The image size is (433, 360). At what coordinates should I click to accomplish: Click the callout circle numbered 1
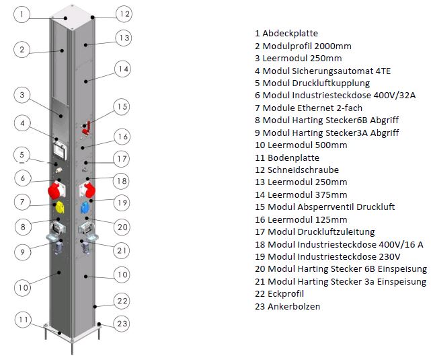[22, 14]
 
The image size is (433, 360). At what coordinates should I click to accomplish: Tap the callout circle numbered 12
[124, 14]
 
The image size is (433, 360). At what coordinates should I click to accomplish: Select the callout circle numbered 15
[122, 107]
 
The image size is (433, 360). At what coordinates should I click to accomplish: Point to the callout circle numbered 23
[122, 324]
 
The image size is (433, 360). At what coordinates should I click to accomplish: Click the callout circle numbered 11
[23, 320]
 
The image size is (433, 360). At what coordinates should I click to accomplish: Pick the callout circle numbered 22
[122, 301]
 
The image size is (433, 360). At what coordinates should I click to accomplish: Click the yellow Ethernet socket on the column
[60, 207]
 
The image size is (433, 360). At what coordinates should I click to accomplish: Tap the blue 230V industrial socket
[85, 208]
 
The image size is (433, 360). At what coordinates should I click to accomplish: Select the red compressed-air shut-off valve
[87, 128]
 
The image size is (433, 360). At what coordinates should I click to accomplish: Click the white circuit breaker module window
[60, 151]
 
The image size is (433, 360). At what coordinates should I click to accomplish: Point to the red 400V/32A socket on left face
[56, 190]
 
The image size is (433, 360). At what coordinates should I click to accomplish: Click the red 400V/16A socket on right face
[88, 190]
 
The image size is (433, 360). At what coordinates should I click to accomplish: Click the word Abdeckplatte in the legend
[290, 34]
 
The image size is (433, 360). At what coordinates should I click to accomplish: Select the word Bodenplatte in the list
[294, 157]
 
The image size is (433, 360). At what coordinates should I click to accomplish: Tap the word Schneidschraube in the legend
[303, 170]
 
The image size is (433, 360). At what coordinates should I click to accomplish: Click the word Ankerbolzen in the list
[294, 306]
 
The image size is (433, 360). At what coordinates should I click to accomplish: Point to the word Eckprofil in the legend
[286, 293]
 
